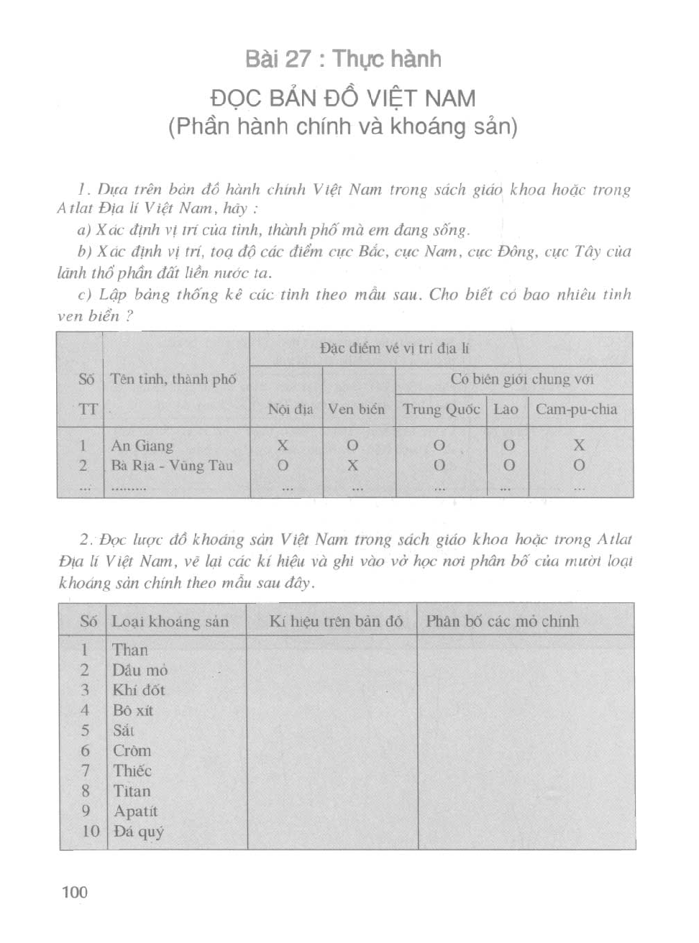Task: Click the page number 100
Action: coord(75,892)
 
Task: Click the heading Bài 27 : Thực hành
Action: coord(343,59)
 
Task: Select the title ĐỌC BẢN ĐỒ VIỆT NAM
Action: coord(343,98)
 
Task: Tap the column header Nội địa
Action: coord(290,410)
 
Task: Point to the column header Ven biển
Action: coord(356,410)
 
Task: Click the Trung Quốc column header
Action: coord(441,410)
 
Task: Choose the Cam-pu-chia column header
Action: coord(576,410)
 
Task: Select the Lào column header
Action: coord(506,410)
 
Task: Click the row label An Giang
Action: coord(142,446)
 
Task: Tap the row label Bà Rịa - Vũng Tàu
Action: coord(172,466)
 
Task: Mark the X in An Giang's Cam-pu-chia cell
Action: coord(579,446)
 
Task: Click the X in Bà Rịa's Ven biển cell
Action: coord(352,466)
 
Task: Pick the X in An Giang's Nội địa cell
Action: coord(283,446)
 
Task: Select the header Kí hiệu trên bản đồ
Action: coord(336,622)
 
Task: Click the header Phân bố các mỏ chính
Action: coord(502,622)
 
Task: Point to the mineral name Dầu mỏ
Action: coord(140,671)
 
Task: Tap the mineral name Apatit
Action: coord(135,811)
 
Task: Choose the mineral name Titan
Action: coord(132,791)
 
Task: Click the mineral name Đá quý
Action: coord(138,832)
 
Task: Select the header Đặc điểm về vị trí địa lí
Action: coord(395,349)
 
